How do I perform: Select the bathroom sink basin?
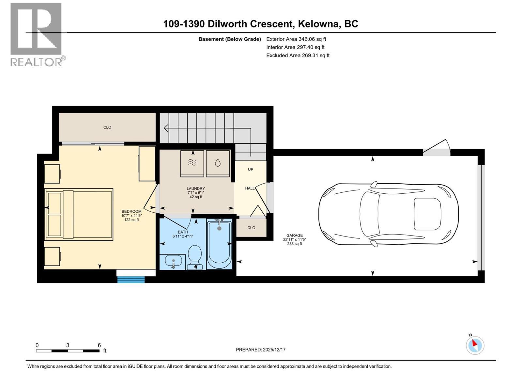point(173,261)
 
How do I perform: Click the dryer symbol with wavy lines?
point(192,163)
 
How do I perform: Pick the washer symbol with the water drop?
point(218,163)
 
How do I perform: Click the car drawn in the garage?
point(388,214)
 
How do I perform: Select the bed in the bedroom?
point(79,214)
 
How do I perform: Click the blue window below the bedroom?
point(131,279)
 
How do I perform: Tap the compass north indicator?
point(475,345)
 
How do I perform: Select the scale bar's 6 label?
point(99,345)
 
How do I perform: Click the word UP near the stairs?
point(251,169)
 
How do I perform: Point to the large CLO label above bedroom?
point(107,127)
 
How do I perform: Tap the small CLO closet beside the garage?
point(251,228)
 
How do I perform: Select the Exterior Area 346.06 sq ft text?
point(296,39)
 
